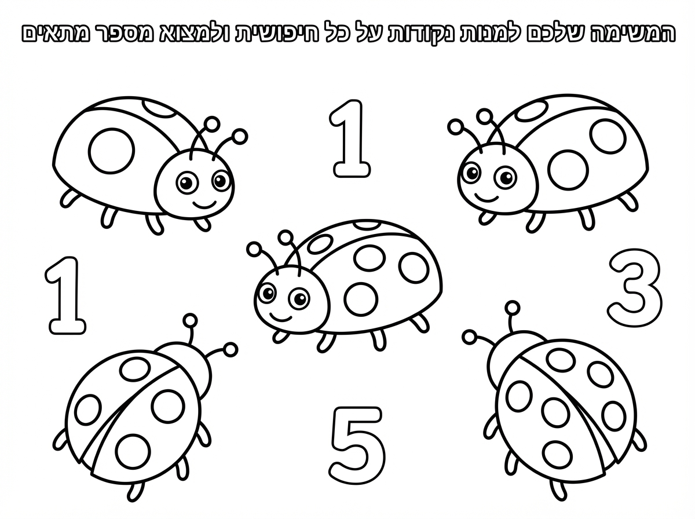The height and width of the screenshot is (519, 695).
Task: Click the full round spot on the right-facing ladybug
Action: (111, 151)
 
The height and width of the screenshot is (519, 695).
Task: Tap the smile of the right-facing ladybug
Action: (204, 204)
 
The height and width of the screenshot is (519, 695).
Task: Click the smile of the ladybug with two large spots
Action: (487, 198)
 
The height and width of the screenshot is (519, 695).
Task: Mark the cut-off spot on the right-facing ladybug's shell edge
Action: (160, 109)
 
